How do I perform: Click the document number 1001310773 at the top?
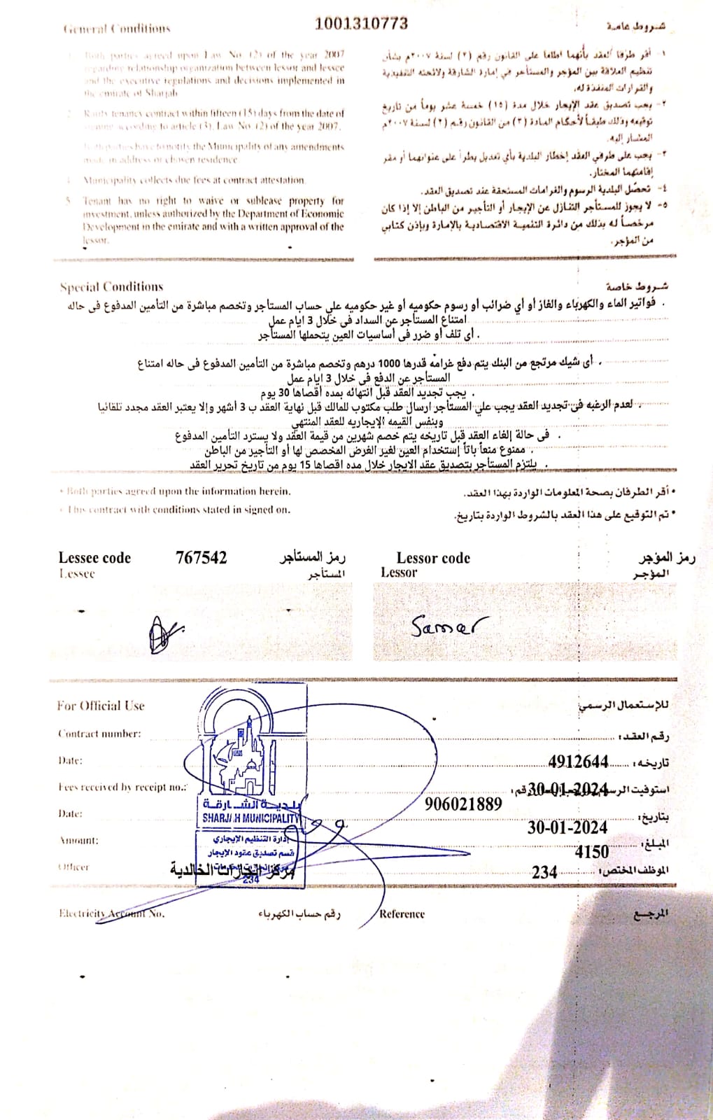[x=361, y=23]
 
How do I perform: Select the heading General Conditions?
[x=117, y=29]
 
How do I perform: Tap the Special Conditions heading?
[x=111, y=287]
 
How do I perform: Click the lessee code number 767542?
[x=202, y=558]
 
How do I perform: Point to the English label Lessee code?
[x=94, y=558]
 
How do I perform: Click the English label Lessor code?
[x=433, y=558]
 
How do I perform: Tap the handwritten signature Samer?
[x=449, y=625]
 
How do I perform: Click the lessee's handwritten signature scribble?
[x=164, y=633]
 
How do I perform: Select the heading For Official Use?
[x=101, y=706]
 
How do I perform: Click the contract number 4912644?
[x=578, y=762]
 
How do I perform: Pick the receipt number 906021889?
[x=463, y=804]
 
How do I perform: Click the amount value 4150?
[x=591, y=852]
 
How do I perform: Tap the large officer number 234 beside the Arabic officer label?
[x=544, y=872]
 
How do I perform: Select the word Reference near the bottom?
[x=402, y=913]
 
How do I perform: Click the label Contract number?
[x=99, y=734]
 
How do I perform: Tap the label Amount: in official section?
[x=78, y=840]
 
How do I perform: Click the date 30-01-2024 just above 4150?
[x=567, y=827]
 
